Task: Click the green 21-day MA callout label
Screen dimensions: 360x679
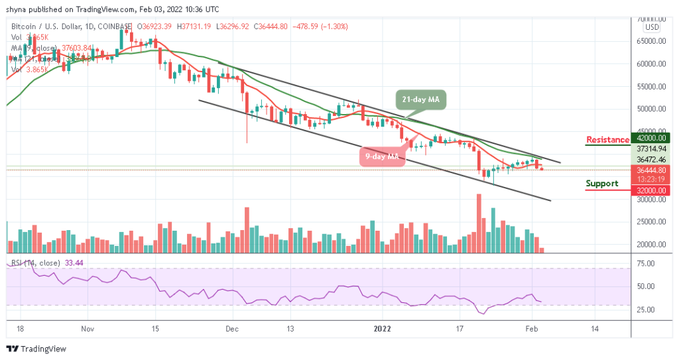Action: point(422,99)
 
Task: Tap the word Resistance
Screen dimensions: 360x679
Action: point(607,140)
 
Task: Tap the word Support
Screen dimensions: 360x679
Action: point(602,184)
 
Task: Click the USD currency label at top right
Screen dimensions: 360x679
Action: point(652,27)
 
